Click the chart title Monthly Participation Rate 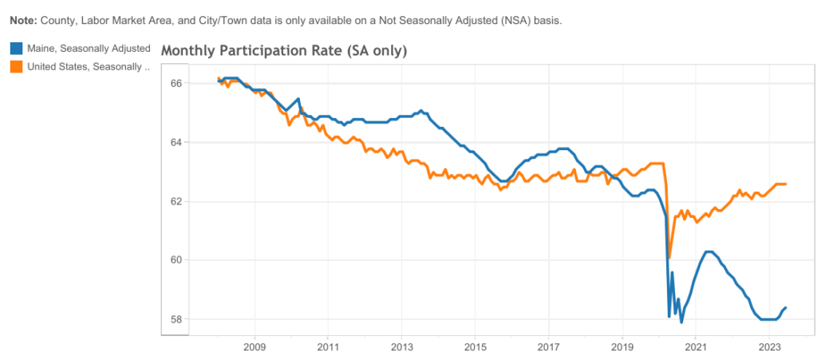point(284,51)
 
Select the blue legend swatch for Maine point(16,49)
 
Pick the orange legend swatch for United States point(16,66)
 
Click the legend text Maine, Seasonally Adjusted point(89,49)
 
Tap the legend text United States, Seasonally point(88,66)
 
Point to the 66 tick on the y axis point(177,83)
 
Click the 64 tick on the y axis point(177,142)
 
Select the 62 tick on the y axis point(177,201)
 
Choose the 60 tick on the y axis point(177,260)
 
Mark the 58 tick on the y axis point(177,319)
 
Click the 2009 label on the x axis point(255,348)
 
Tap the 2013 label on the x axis point(401,348)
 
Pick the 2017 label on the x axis point(549,348)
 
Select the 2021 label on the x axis point(696,348)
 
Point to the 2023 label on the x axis point(769,348)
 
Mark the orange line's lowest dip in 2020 point(669,257)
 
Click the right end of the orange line point(787,184)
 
